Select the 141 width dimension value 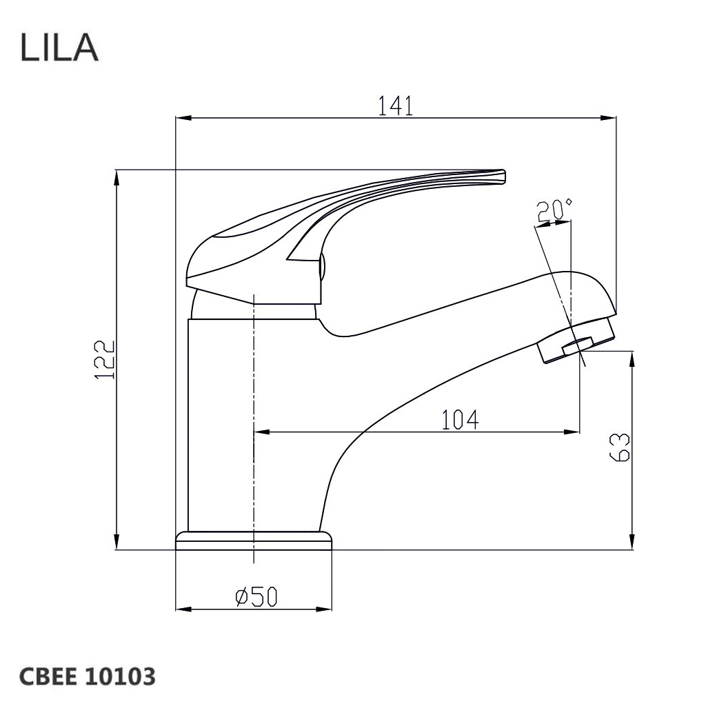click(394, 105)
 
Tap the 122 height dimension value click(103, 359)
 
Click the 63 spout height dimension click(621, 448)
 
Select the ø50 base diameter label click(256, 596)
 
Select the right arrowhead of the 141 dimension click(611, 118)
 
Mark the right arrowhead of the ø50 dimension click(328, 609)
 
